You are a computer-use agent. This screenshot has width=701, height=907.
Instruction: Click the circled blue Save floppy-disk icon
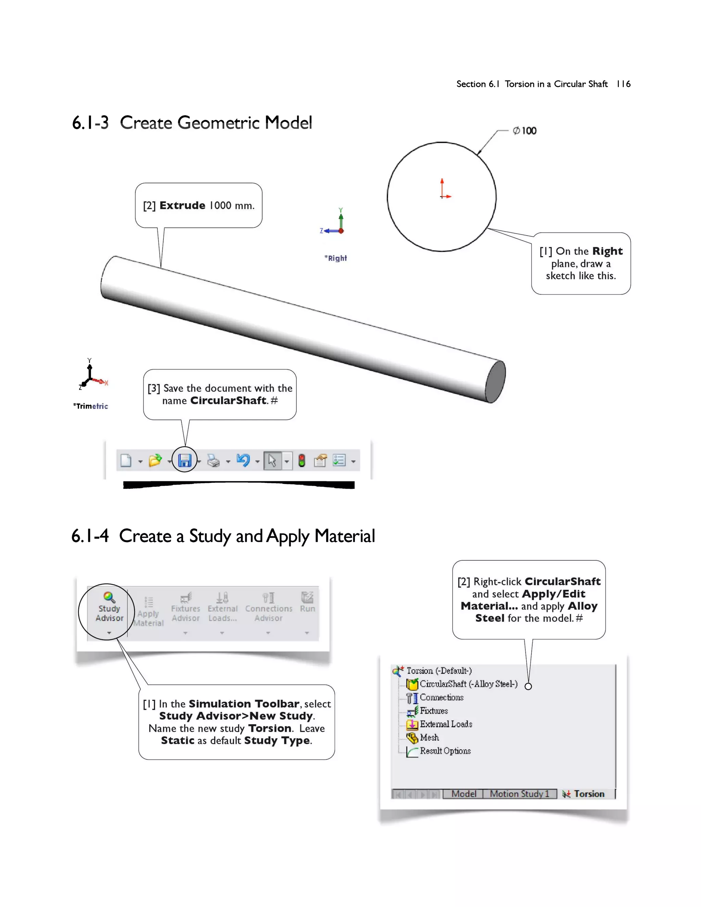click(184, 460)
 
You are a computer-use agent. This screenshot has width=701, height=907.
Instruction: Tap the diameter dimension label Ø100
click(525, 131)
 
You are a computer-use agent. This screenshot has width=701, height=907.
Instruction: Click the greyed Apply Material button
click(148, 613)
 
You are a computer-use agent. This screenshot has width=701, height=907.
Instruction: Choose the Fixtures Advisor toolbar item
click(186, 609)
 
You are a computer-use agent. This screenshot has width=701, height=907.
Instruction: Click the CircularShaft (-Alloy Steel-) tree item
click(468, 684)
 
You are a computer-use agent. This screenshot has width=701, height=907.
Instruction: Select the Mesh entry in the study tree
click(429, 738)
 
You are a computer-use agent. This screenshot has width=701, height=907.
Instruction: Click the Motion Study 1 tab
click(519, 794)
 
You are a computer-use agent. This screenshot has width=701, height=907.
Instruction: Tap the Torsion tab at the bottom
click(588, 794)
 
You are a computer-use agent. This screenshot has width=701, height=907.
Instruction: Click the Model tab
click(463, 794)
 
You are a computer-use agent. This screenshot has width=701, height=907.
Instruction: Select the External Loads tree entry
click(446, 724)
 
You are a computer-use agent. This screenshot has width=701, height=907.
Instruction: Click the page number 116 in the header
click(623, 84)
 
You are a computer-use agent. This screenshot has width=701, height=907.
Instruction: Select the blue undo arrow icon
click(243, 460)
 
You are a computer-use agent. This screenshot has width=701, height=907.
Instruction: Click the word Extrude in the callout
click(182, 206)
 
